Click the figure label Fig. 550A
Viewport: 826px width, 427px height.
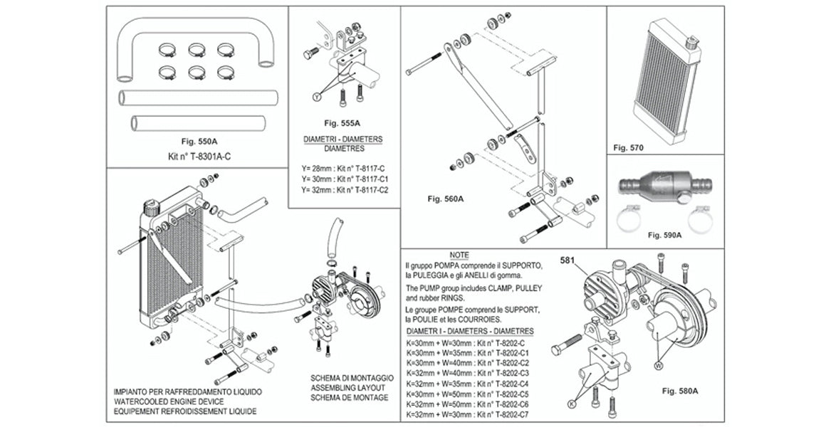pos(199,141)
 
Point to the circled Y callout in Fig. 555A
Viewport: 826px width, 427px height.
pos(317,95)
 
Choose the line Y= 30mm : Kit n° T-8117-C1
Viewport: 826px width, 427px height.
pos(345,180)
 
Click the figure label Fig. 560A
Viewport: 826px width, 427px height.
pos(446,199)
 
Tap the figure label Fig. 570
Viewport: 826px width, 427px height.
pos(628,148)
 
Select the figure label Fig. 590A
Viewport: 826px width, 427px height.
pos(665,234)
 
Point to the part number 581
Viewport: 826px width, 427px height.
pos(568,260)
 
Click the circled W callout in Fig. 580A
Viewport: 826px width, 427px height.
pos(657,365)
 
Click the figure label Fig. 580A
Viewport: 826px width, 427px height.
pos(679,391)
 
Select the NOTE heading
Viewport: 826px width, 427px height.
pos(459,255)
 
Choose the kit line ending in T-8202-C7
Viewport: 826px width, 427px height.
pos(468,413)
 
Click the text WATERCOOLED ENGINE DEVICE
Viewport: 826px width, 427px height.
pos(169,402)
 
